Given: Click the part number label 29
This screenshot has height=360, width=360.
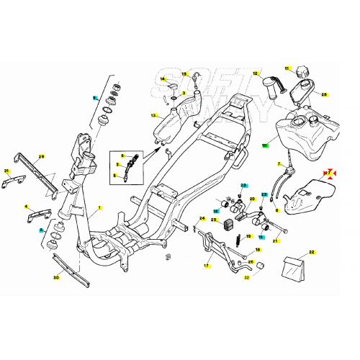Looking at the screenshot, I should pyautogui.click(x=41, y=157).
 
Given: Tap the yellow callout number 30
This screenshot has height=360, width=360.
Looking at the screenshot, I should pyautogui.click(x=56, y=277).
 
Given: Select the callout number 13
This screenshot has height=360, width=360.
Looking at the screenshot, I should pyautogui.click(x=153, y=115).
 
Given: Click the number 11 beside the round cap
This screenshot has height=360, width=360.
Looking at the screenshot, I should pyautogui.click(x=286, y=69).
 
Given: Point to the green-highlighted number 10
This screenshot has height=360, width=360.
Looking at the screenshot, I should pyautogui.click(x=265, y=145).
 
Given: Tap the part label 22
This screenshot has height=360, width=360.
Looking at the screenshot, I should pyautogui.click(x=312, y=252).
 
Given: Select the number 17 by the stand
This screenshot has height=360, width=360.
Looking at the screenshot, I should pyautogui.click(x=207, y=266).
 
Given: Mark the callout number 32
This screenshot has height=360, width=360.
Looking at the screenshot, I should pyautogui.click(x=247, y=277).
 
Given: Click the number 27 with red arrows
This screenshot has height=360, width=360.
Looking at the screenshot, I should pyautogui.click(x=327, y=174).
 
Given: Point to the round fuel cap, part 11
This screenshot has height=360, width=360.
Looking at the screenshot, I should pyautogui.click(x=300, y=73).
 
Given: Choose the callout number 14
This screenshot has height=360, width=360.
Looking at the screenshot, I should pyautogui.click(x=163, y=79).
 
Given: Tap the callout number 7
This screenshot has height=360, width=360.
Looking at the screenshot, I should pyautogui.click(x=279, y=164).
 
